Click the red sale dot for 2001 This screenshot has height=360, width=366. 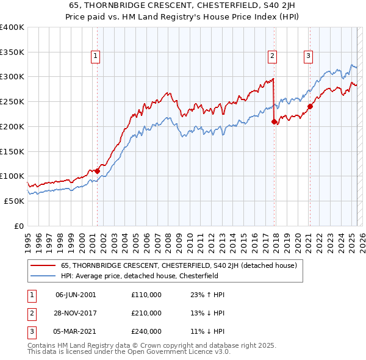click(x=97, y=171)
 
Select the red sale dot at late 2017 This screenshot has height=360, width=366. click(x=274, y=121)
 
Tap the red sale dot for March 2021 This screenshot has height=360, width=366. click(x=310, y=106)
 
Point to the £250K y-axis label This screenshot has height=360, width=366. click(x=12, y=101)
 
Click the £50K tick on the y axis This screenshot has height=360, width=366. click(x=14, y=201)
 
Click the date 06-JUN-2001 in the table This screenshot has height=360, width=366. click(x=75, y=295)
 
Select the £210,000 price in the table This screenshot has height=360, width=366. click(x=146, y=314)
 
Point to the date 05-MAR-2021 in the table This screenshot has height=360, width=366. click(x=76, y=333)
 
